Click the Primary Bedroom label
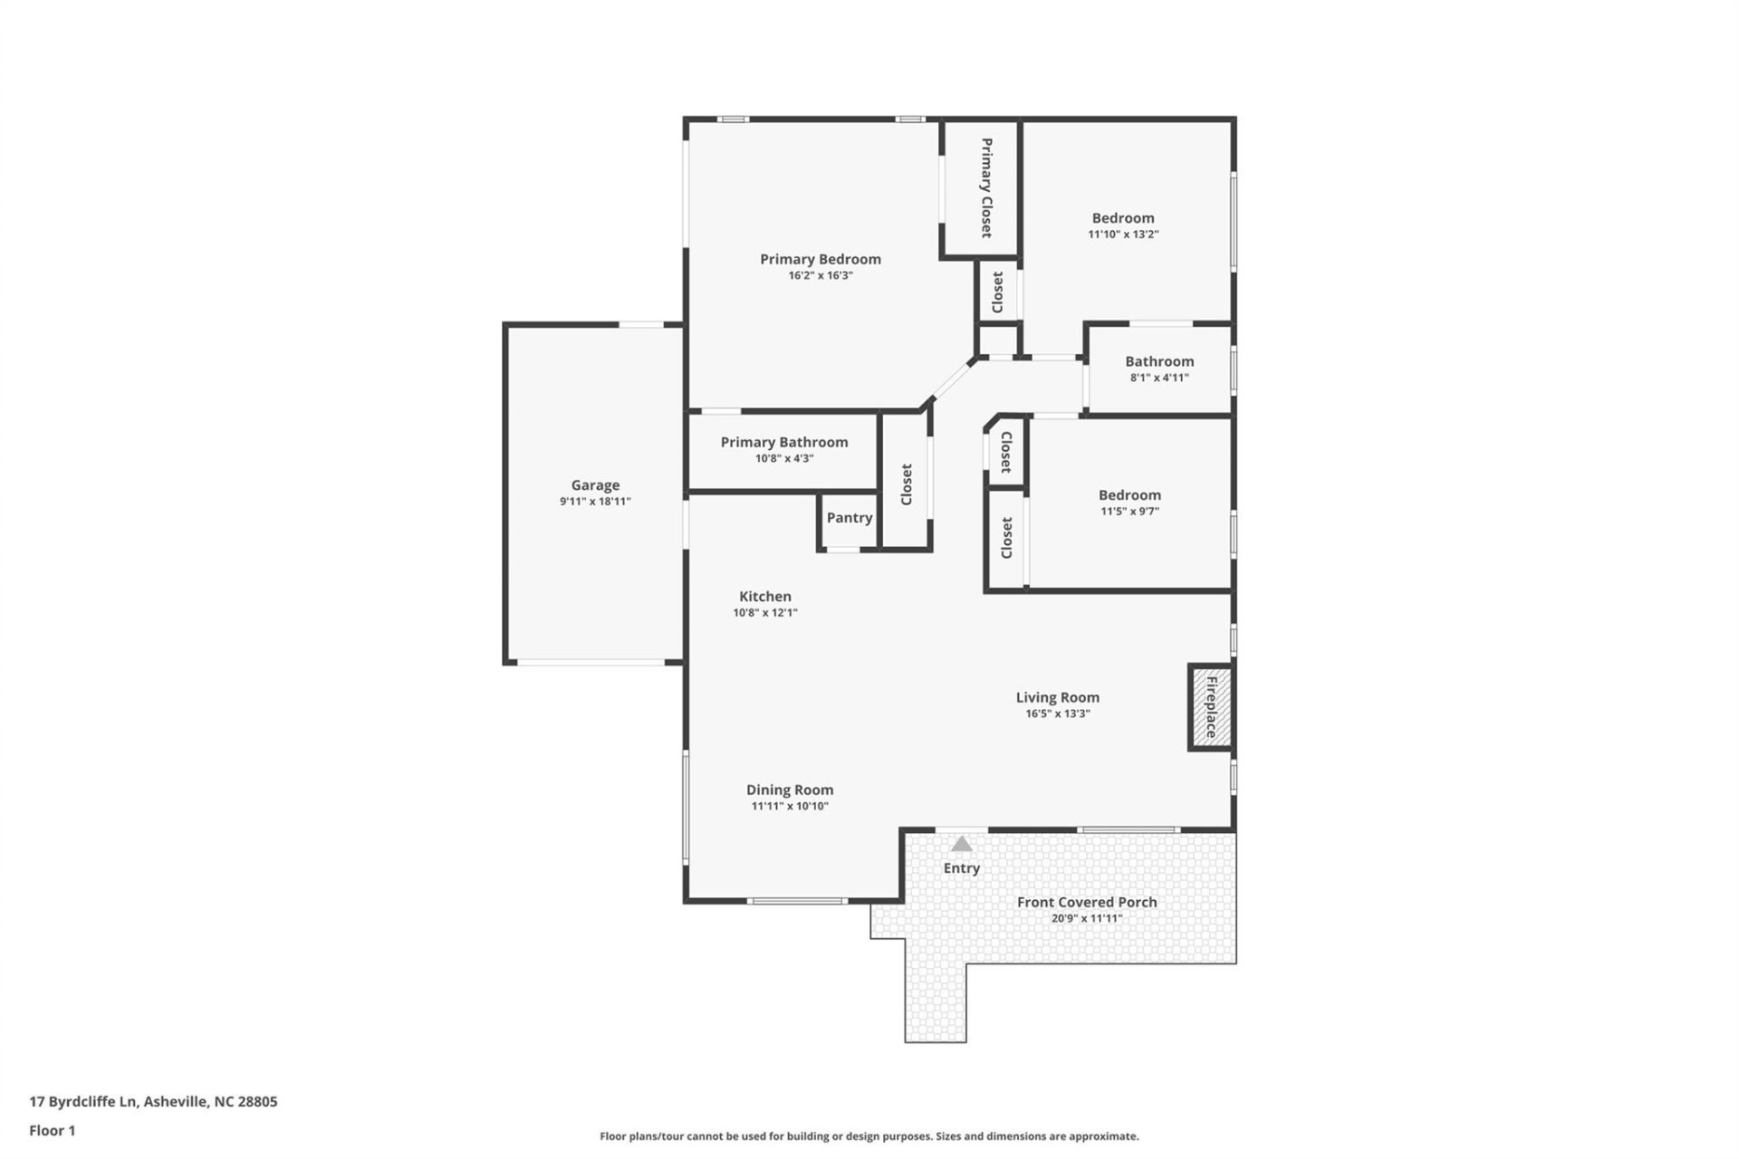point(820,259)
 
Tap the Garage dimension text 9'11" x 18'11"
point(595,502)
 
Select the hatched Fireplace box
point(1211,707)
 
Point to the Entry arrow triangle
point(961,845)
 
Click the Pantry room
point(849,518)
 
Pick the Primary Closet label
point(986,187)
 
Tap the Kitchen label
point(764,597)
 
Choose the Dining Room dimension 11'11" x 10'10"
point(790,806)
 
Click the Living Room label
point(1057,697)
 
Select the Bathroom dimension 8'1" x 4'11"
point(1158,378)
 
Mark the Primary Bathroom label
point(784,442)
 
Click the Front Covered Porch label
point(1086,902)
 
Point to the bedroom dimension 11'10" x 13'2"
point(1123,235)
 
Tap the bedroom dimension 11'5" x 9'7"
point(1129,512)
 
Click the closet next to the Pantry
point(906,484)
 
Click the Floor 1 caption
point(53,1130)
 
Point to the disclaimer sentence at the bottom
point(869,1136)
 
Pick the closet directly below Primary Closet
point(997,292)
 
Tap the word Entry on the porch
point(961,868)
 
